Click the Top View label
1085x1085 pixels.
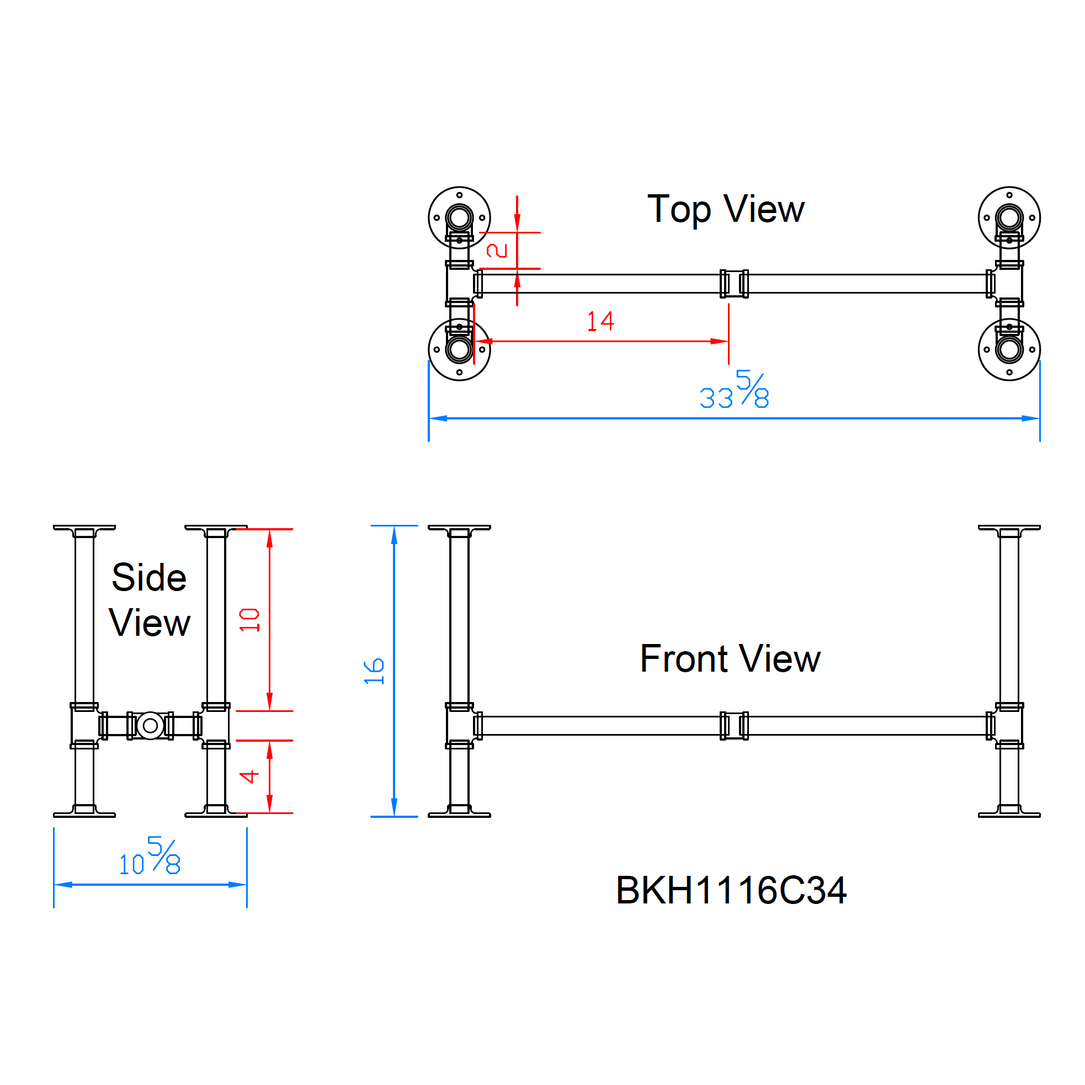click(725, 210)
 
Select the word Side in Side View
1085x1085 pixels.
click(149, 577)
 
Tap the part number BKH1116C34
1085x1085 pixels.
click(731, 890)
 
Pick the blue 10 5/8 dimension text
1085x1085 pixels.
click(150, 858)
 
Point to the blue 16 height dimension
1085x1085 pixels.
click(374, 671)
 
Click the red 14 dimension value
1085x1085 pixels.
click(600, 322)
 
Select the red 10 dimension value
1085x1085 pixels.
click(249, 620)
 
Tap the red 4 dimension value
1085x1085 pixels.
click(249, 776)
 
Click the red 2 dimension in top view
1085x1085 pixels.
click(497, 251)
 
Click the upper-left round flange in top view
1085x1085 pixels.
click(459, 217)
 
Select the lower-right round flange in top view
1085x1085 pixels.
click(1009, 350)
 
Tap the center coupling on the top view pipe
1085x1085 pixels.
click(734, 284)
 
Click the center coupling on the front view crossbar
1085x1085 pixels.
click(734, 726)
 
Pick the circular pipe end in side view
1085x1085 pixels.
click(150, 726)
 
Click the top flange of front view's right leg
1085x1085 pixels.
click(1009, 528)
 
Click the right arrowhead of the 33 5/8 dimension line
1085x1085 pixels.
click(1031, 418)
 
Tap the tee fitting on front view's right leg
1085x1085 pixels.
click(1009, 726)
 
